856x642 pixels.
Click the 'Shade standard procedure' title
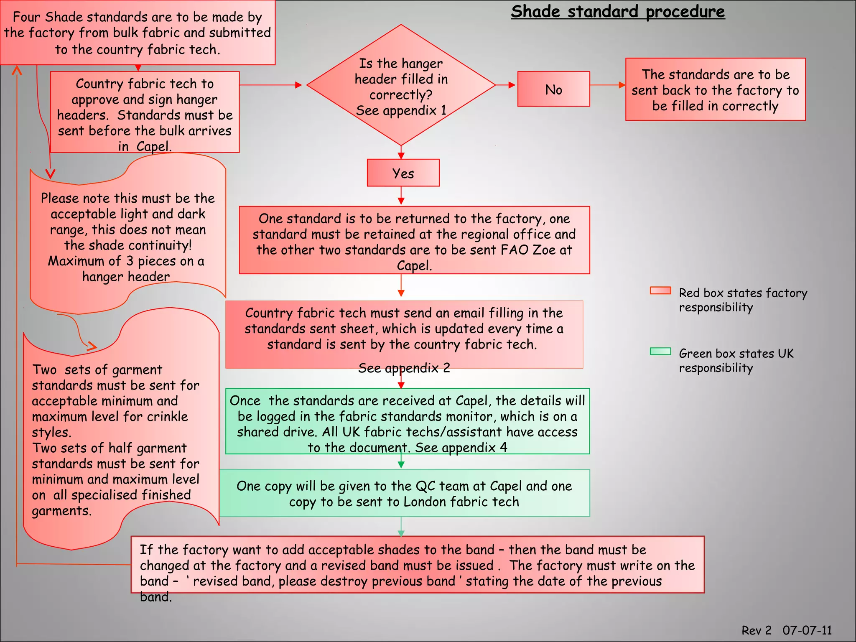point(618,12)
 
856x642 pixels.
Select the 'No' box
point(553,89)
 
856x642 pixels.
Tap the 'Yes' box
point(403,173)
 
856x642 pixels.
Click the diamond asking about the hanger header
point(401,86)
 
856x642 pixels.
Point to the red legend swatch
point(660,291)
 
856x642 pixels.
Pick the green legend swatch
point(660,352)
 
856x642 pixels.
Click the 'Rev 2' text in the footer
point(756,630)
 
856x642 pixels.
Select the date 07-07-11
point(807,630)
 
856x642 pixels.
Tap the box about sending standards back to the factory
point(715,90)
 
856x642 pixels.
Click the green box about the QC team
point(404,493)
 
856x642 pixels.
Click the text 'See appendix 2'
point(404,368)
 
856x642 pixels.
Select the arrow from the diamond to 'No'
point(506,85)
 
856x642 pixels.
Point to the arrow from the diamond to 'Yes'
point(401,153)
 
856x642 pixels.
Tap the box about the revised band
point(417,565)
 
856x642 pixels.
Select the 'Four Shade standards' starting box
point(138,33)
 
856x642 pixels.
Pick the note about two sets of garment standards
point(117,439)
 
